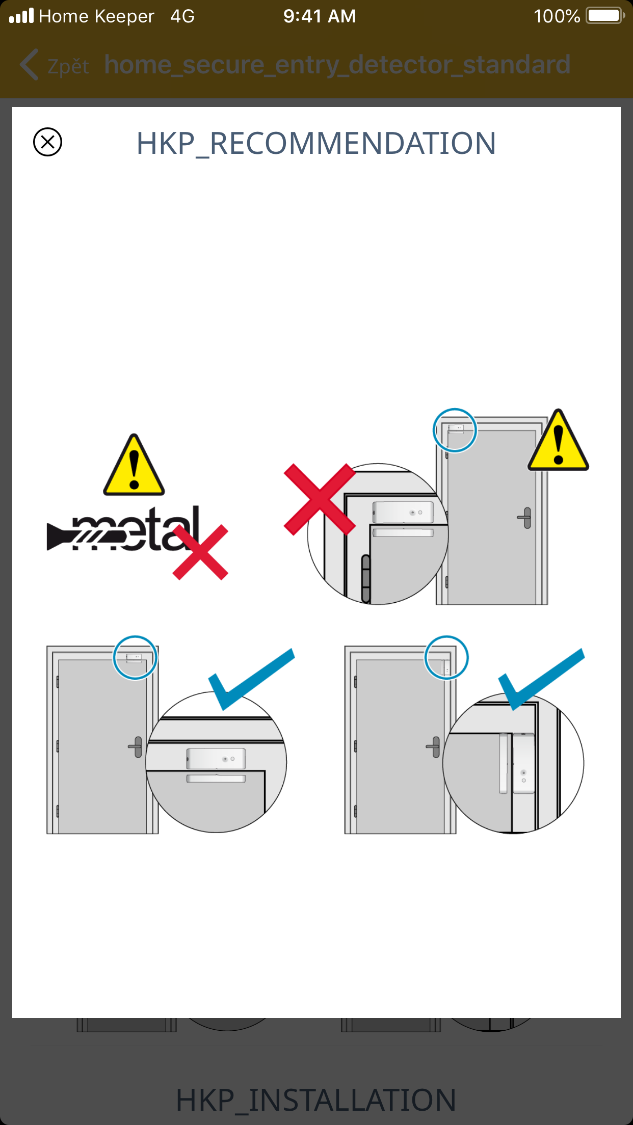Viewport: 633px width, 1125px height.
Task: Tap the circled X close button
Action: pos(47,142)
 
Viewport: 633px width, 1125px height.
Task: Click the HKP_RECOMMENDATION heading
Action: pos(316,143)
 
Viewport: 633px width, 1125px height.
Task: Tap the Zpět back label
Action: pos(68,66)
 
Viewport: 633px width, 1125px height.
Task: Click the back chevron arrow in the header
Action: pos(29,65)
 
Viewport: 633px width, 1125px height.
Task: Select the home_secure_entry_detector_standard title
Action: pos(337,65)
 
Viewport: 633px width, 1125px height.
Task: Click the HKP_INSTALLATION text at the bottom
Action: pos(316,1100)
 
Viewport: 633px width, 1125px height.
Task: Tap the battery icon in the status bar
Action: pos(605,16)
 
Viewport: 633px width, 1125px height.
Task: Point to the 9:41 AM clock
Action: pos(320,16)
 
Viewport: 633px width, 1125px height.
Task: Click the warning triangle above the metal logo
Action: pos(134,465)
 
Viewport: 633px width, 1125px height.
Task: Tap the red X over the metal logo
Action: pos(200,552)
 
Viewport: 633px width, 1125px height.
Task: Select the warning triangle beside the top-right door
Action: pos(558,440)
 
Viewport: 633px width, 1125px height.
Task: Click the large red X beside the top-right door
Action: pos(320,499)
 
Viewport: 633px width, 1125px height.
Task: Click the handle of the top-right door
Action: pos(525,518)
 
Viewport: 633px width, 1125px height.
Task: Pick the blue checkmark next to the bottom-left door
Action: pos(251,679)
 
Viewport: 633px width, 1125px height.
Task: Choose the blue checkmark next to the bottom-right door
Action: pos(541,679)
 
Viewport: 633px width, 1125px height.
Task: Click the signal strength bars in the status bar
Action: pos(21,16)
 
